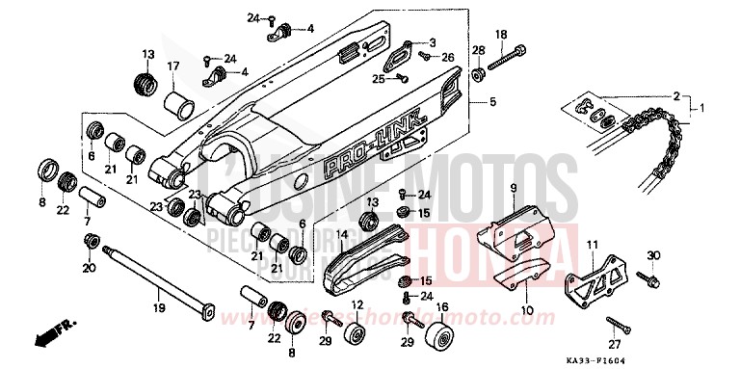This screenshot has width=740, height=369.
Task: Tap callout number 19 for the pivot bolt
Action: pos(159,308)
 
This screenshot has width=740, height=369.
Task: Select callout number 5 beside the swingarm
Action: pos(492,101)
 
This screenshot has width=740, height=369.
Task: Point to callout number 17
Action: pos(173,66)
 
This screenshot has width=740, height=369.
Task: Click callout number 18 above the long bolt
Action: pos(500,35)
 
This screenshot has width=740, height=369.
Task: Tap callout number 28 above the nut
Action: pos(478,50)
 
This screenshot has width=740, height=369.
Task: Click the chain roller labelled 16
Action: pos(443,339)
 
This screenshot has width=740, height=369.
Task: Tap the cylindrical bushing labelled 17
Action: pos(178,100)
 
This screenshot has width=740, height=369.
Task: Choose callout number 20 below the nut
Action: pos(90,268)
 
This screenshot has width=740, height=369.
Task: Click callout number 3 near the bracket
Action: pos(433,42)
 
